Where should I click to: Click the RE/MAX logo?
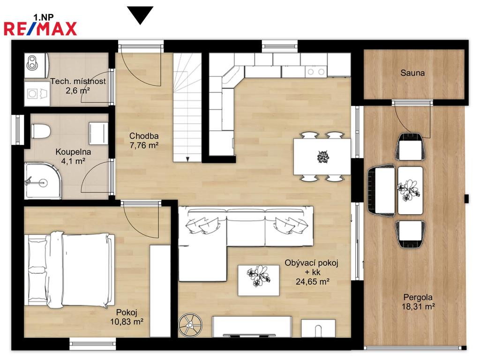tap(40, 29)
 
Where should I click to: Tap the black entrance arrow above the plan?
tap(140, 15)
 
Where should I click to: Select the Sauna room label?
tap(412, 73)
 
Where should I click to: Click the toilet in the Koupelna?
tap(40, 131)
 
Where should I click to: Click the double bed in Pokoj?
tap(69, 270)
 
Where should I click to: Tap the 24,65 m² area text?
tap(312, 281)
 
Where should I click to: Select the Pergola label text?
tap(418, 297)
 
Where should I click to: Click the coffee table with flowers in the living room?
tap(259, 280)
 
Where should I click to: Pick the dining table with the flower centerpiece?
tap(322, 157)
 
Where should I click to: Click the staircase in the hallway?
tap(187, 107)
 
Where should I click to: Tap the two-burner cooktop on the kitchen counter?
tap(316, 72)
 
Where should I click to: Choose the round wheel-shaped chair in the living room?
tap(190, 325)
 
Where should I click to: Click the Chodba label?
tap(144, 135)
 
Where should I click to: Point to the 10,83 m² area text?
tap(127, 322)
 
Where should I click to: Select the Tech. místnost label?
tap(78, 81)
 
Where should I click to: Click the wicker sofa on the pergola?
tap(381, 191)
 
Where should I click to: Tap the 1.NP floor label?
tap(43, 17)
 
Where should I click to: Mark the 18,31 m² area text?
tap(418, 306)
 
